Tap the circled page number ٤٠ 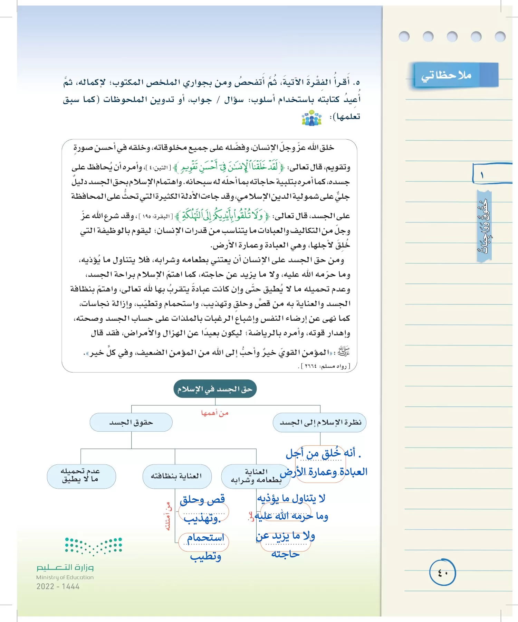(442, 573)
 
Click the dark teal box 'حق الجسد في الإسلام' (215, 389)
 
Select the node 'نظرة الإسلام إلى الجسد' (320, 422)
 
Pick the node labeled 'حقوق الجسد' (131, 422)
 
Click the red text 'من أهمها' (214, 413)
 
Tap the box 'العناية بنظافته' (176, 476)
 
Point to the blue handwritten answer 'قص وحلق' (202, 499)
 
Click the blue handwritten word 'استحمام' (205, 538)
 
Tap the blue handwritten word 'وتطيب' (205, 556)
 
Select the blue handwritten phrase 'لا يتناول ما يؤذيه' (291, 498)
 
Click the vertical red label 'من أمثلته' (168, 516)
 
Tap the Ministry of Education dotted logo (94, 546)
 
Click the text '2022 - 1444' (58, 586)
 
